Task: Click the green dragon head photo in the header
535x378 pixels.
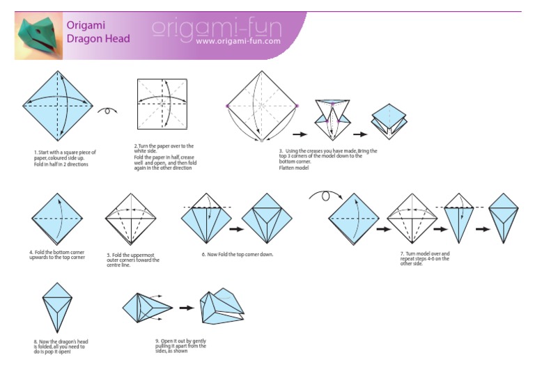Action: coord(38,37)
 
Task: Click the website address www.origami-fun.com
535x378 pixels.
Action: coord(238,41)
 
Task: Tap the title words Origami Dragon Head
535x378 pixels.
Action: coord(98,31)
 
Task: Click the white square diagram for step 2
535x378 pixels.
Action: coord(162,104)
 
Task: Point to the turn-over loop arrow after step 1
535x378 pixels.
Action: coord(107,110)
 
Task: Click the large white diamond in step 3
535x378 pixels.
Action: coord(262,105)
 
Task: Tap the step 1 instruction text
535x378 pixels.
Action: coord(65,157)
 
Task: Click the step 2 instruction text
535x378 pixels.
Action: coord(164,157)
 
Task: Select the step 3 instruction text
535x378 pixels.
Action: coord(327,159)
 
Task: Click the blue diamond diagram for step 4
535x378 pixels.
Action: coord(58,219)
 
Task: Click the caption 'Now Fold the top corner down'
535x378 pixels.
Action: coord(237,254)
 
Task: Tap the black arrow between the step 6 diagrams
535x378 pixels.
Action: coord(235,228)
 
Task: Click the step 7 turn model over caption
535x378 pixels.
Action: coord(425,258)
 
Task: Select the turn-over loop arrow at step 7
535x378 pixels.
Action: coord(325,197)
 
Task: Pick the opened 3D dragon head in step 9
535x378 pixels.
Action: coord(222,308)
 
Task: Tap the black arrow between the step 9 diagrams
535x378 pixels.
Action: coord(186,307)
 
